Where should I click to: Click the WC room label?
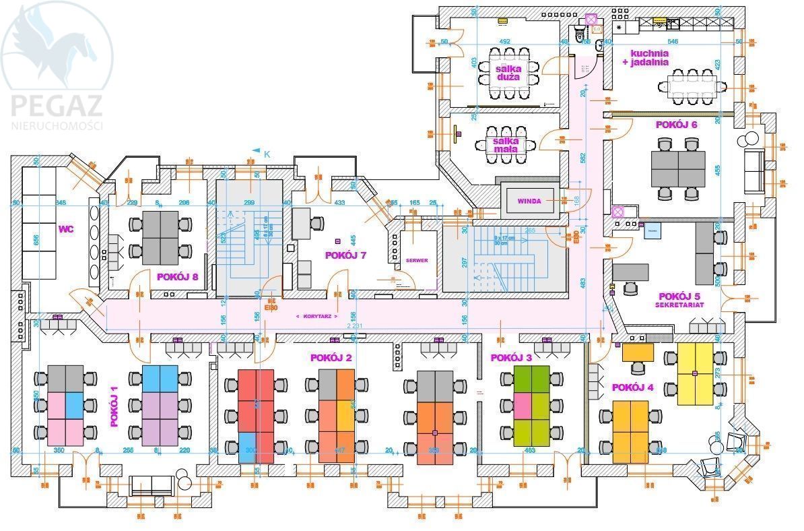(65, 229)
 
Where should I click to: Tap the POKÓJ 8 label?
(177, 276)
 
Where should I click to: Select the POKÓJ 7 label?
(345, 255)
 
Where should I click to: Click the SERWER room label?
(417, 260)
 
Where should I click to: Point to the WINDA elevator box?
(529, 201)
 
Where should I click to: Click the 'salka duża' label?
(508, 73)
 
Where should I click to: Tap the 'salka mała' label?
(506, 145)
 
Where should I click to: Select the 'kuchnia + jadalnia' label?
(649, 57)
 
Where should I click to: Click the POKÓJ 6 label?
(676, 125)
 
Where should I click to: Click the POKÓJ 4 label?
(632, 387)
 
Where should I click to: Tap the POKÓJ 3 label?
(511, 358)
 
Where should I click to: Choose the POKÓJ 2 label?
(331, 358)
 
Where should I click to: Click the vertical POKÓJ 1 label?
(114, 406)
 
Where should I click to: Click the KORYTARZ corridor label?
(316, 315)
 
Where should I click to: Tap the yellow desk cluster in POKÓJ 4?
(695, 373)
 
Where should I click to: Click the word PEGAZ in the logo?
(56, 106)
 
